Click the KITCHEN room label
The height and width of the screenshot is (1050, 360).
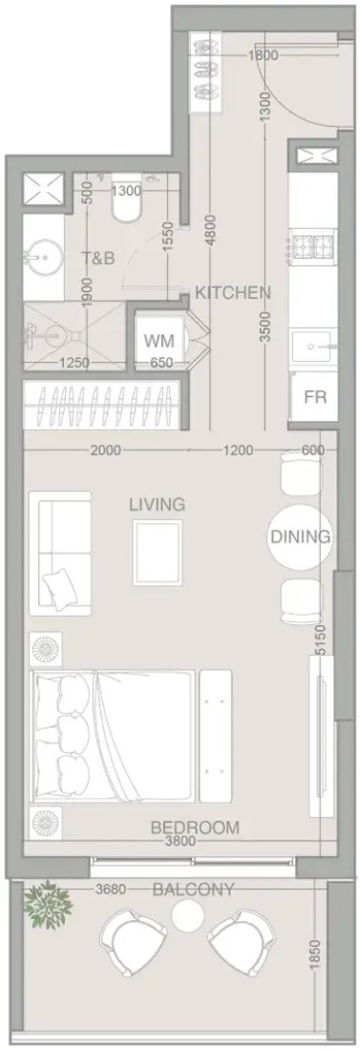(x=233, y=293)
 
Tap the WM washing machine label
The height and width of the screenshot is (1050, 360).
(x=159, y=341)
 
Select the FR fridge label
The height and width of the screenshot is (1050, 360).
(x=315, y=396)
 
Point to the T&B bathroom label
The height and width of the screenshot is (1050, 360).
(x=98, y=258)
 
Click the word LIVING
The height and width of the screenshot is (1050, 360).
(x=158, y=504)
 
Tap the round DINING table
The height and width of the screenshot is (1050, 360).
(x=300, y=536)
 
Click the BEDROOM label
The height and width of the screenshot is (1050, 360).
(x=195, y=827)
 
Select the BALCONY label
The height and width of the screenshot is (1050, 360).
(x=194, y=890)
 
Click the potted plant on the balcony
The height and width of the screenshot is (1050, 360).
(x=47, y=905)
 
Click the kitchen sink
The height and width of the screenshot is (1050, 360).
(x=312, y=346)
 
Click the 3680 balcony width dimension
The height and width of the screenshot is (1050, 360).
(x=112, y=890)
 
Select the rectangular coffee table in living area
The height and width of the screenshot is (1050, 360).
(x=158, y=553)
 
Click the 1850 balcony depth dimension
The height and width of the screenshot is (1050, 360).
(x=316, y=955)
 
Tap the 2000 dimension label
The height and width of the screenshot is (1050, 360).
(x=106, y=451)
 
